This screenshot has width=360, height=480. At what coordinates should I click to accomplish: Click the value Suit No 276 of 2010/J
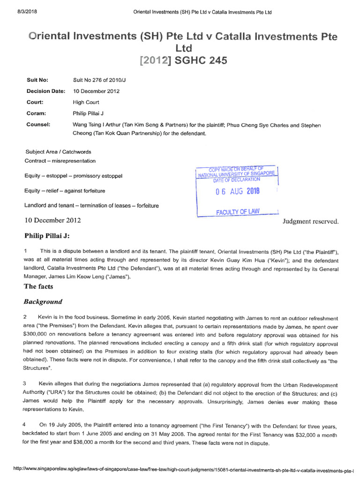pos(99,80)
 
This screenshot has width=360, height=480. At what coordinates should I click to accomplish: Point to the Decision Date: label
pos(46,91)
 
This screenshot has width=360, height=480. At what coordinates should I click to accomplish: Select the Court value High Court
pos(86,102)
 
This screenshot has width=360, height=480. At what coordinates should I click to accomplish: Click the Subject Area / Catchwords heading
pos(58,152)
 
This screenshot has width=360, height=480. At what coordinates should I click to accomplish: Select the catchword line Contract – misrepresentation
pos(60,161)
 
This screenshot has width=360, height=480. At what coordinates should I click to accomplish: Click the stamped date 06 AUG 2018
pos(237,191)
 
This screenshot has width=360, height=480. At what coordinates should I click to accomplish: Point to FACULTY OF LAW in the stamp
pos(238,212)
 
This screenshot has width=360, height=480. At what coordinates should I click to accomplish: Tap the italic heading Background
pos(43,301)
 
